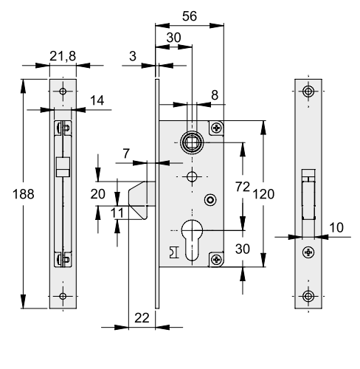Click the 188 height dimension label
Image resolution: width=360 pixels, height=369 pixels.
[24, 194]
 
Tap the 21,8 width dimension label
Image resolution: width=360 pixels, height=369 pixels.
[63, 56]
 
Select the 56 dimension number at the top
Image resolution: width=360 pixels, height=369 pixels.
[190, 16]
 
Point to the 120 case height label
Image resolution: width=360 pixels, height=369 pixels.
[263, 194]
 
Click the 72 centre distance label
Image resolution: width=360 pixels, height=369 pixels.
[243, 187]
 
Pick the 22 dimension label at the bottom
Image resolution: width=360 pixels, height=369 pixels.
[142, 318]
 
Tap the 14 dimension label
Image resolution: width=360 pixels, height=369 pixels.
[97, 100]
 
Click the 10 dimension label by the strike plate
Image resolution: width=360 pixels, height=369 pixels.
[336, 228]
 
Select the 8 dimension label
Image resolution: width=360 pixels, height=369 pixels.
[215, 95]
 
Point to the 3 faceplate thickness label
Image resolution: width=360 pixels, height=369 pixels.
[133, 56]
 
